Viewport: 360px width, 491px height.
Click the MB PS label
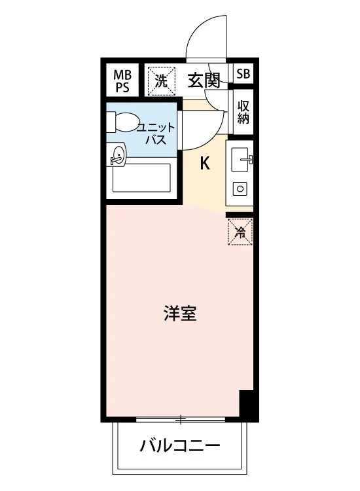tap(122, 81)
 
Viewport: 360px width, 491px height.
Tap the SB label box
tap(243, 73)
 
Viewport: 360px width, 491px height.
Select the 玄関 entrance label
tap(204, 80)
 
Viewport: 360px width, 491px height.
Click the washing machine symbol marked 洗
tap(162, 81)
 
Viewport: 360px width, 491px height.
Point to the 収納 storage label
tap(243, 113)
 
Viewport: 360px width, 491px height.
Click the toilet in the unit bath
tap(123, 122)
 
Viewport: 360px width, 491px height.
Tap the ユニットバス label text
tap(156, 134)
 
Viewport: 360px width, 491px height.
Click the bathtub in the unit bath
tap(141, 178)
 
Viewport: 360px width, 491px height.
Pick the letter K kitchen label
tap(205, 163)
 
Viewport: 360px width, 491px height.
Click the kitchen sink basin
tap(240, 160)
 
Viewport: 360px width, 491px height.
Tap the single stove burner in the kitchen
tap(240, 189)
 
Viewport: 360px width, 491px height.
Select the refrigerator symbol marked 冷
tap(240, 232)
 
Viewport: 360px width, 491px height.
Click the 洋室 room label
tap(180, 313)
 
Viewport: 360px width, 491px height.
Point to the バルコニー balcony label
tap(180, 446)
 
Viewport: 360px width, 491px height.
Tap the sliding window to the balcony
tap(181, 419)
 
